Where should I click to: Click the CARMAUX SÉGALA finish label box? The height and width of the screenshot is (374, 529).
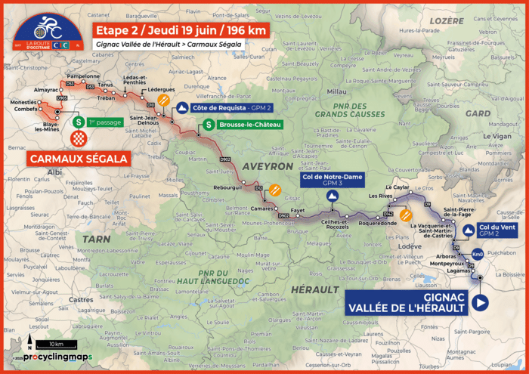pos(78,159)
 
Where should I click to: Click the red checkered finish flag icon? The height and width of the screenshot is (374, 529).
pos(78,138)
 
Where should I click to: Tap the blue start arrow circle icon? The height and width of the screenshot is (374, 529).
pos(479,303)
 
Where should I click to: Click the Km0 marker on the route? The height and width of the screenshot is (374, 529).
pos(478,255)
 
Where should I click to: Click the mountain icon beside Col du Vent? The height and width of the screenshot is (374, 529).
pos(469,230)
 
